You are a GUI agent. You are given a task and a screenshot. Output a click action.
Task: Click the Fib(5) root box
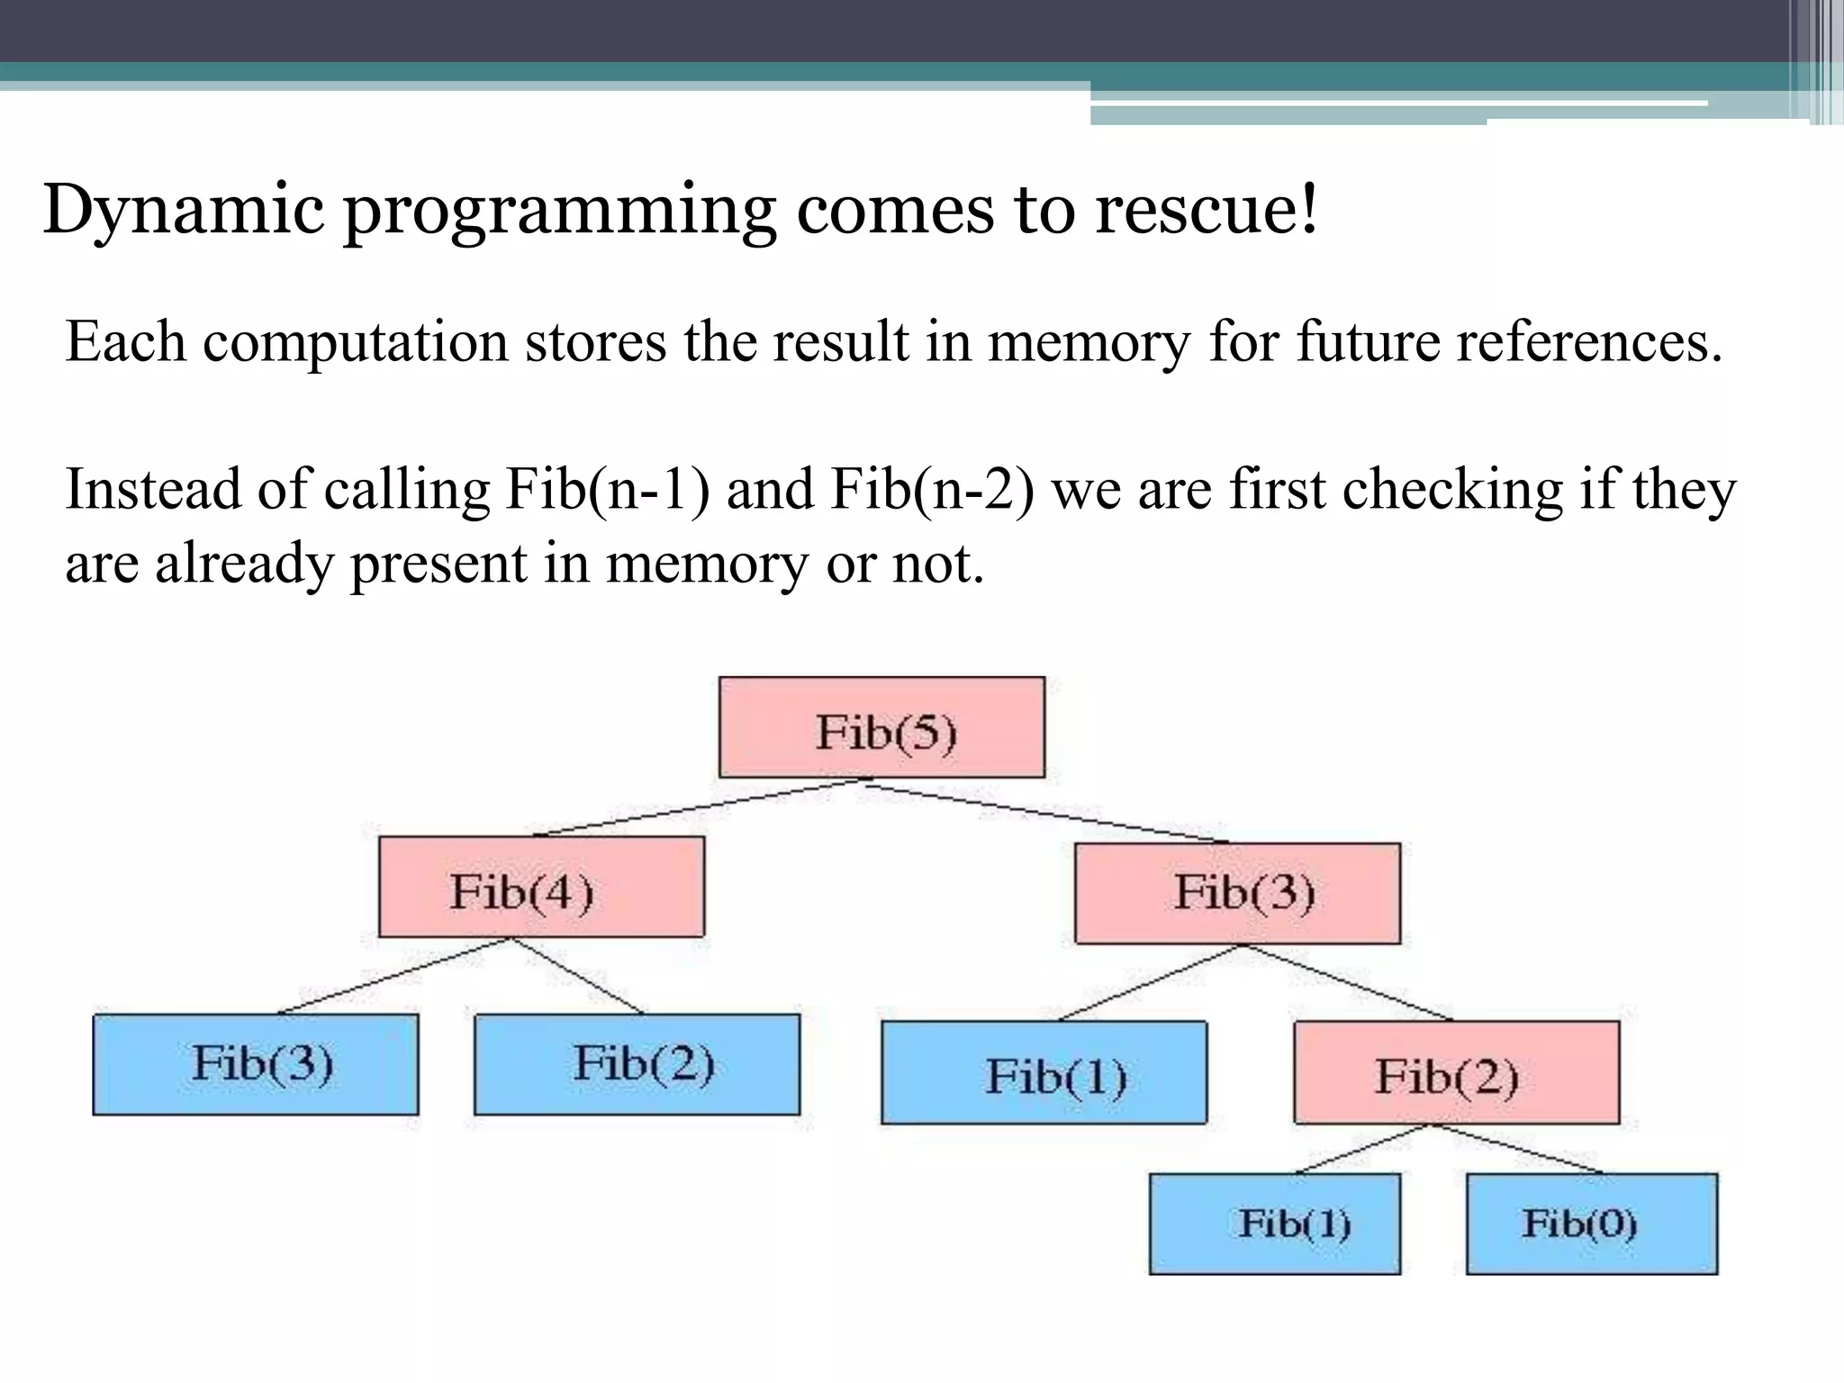(x=881, y=728)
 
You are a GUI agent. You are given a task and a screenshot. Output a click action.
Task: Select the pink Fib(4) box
(x=541, y=887)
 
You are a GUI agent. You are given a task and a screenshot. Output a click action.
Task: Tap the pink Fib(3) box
(x=1237, y=893)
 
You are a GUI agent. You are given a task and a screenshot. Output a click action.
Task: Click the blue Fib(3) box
(x=256, y=1064)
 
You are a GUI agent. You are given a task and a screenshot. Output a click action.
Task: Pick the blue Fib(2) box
(x=637, y=1064)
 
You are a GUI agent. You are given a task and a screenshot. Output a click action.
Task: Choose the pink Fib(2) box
(x=1456, y=1072)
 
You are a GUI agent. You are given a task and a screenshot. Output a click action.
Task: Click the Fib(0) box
(x=1591, y=1224)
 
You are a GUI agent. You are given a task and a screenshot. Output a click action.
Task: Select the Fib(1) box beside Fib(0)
(x=1274, y=1224)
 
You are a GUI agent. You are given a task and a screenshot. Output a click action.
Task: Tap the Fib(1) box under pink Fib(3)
(x=1044, y=1072)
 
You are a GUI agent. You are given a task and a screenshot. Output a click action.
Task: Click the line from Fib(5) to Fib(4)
(x=698, y=808)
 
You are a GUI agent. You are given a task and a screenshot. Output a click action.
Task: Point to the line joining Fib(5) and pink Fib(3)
(x=1044, y=811)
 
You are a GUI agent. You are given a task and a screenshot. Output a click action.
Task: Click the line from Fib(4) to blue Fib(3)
(x=394, y=976)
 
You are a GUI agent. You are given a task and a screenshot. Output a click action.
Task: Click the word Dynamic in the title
(x=183, y=210)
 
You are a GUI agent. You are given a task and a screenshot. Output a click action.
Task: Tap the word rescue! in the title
(x=1207, y=210)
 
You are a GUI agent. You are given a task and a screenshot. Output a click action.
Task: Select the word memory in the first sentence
(x=1089, y=343)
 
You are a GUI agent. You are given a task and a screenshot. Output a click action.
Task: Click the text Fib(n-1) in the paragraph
(x=608, y=491)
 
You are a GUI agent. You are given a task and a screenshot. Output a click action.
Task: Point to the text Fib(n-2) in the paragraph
(x=932, y=491)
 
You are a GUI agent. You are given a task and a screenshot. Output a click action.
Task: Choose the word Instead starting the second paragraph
(x=153, y=491)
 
